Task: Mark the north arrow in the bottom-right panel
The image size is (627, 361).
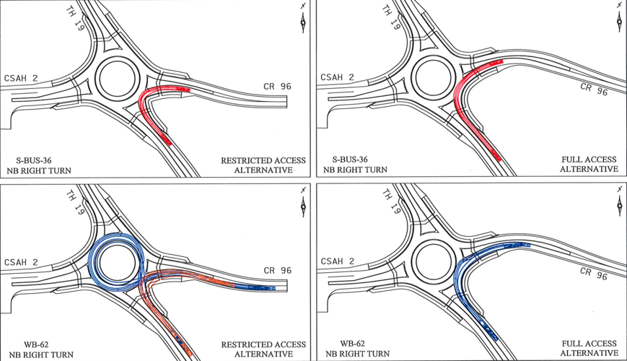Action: pyautogui.click(x=618, y=203)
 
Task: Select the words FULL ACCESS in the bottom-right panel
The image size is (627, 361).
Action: pyautogui.click(x=590, y=344)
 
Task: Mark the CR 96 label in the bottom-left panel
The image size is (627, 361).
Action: pyautogui.click(x=277, y=271)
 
